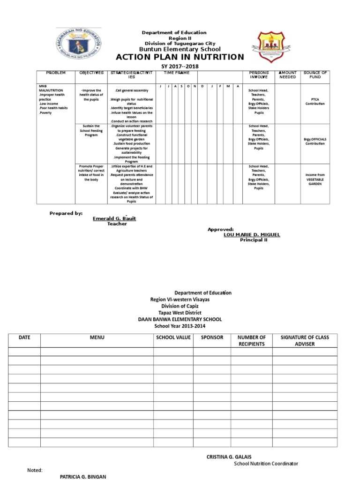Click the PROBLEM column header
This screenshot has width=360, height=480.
pos(56,73)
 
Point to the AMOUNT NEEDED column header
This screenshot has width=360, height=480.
pos(288,75)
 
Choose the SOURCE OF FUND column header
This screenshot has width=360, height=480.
pos(315,75)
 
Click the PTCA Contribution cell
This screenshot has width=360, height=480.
pos(315,101)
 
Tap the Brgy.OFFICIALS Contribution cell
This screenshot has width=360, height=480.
pos(315,141)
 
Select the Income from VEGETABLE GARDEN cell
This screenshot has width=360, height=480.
pos(315,179)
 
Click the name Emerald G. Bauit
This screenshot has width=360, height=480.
pos(114,218)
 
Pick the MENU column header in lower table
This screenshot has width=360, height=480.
pos(97,337)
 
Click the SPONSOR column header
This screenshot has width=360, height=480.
pos(212,337)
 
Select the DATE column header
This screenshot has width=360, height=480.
pos(24,337)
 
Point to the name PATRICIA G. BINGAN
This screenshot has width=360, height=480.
pos(83,477)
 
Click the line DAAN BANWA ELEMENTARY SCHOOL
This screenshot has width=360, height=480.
pos(180,319)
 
